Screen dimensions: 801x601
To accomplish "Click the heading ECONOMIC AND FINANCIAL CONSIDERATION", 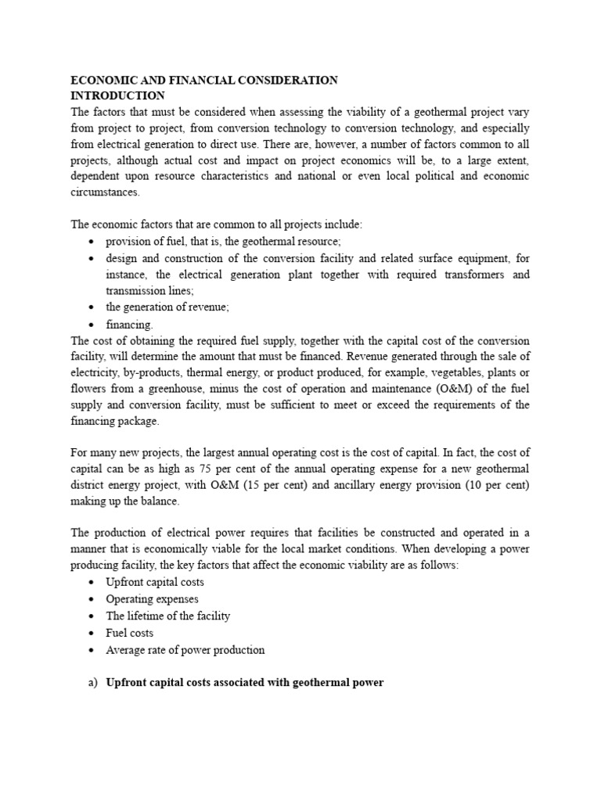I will [204, 80].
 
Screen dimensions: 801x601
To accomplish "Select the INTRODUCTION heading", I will [118, 95].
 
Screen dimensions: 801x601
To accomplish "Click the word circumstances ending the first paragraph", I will [106, 192].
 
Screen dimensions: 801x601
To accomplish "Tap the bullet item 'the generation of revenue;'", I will [167, 307].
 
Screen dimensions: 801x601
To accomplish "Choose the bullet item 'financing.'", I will [130, 325].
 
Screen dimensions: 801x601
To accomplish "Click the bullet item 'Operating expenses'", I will [153, 599].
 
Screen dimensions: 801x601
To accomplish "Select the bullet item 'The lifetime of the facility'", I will [168, 616].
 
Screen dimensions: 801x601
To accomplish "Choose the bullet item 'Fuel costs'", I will [130, 632].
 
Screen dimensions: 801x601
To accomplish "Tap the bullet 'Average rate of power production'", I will [185, 649].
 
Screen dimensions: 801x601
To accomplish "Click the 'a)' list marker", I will [92, 682].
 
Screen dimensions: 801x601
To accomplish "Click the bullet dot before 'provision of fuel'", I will [92, 242].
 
